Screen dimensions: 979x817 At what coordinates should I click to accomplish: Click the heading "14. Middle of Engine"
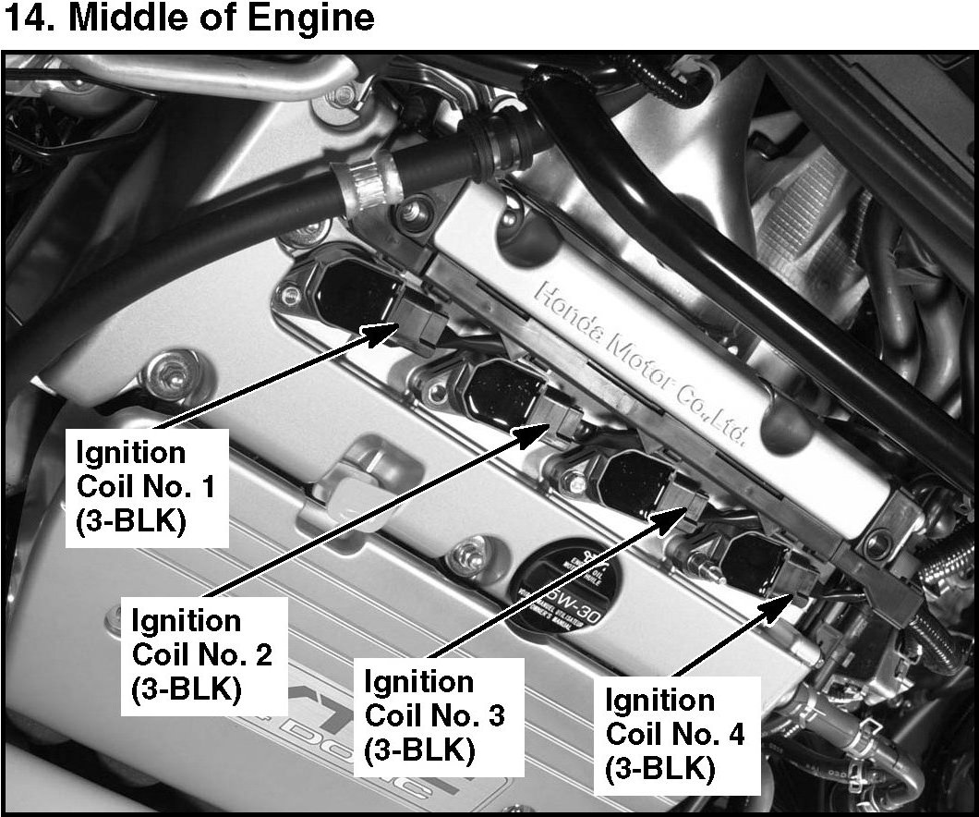click(x=189, y=19)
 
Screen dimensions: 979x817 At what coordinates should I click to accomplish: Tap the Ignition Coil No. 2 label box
click(x=202, y=654)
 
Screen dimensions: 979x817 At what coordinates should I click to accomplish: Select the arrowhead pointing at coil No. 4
click(x=787, y=602)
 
